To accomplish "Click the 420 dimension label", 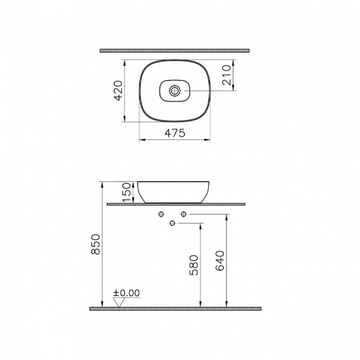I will click(118, 90).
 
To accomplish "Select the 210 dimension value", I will click(227, 74).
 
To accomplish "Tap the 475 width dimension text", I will click(174, 133).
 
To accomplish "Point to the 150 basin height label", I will click(126, 192).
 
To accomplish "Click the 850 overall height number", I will click(95, 244).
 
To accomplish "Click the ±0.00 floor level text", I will click(126, 293).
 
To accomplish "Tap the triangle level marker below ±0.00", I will click(118, 302).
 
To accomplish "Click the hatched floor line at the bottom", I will click(175, 308).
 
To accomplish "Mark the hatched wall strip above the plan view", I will click(175, 50).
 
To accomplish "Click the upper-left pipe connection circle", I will click(161, 214).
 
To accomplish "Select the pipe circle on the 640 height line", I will click(183, 214).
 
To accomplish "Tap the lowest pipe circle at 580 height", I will click(172, 223).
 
